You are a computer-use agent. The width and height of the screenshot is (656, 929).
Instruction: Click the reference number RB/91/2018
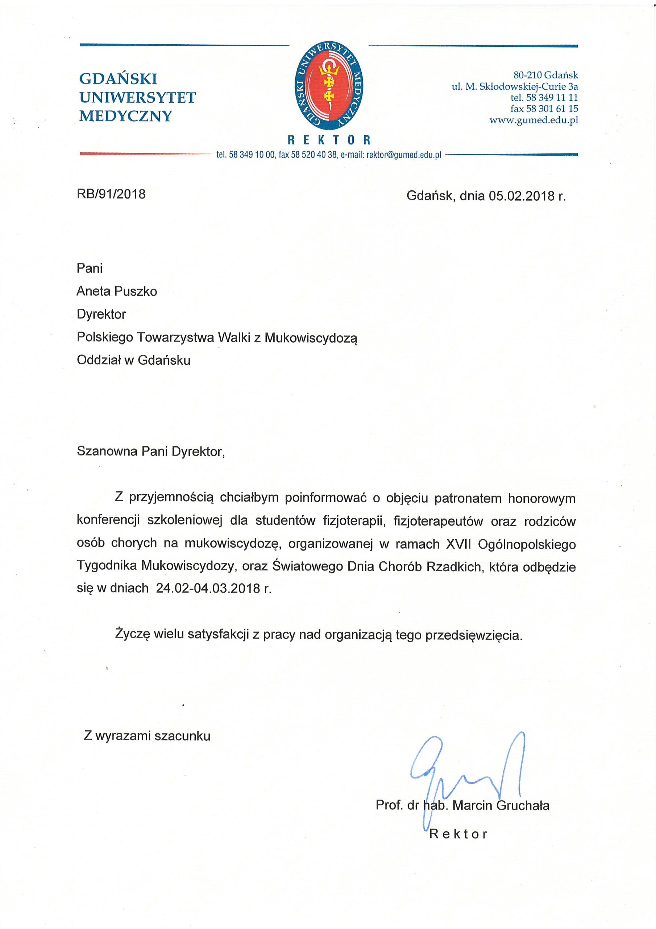[x=111, y=194]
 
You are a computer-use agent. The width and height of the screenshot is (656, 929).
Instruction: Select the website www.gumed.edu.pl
[x=533, y=120]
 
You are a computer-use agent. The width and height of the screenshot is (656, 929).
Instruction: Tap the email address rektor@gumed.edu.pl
[x=403, y=155]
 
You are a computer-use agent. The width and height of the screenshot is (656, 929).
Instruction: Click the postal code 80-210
[x=527, y=75]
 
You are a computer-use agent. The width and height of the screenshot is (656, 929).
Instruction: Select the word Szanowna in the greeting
[x=106, y=451]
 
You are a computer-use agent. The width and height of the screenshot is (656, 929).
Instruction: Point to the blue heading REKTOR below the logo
[x=329, y=140]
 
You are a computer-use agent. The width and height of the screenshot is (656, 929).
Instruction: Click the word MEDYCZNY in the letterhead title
[x=126, y=116]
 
